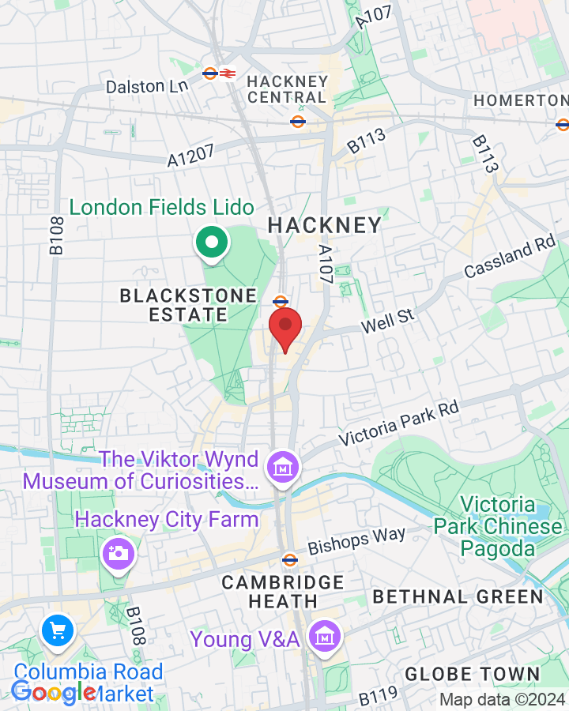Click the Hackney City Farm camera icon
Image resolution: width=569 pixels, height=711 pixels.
pyautogui.click(x=119, y=553)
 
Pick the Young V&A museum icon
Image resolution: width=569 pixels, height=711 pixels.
pyautogui.click(x=323, y=637)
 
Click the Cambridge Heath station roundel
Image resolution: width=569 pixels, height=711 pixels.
pyautogui.click(x=290, y=560)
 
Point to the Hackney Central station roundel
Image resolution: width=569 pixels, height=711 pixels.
pyautogui.click(x=298, y=121)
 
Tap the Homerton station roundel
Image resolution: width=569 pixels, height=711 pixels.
pyautogui.click(x=563, y=123)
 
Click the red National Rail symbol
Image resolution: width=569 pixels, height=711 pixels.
pyautogui.click(x=227, y=73)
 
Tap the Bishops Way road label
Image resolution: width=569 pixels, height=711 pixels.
pyautogui.click(x=356, y=540)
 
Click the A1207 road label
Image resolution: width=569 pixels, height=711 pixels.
pyautogui.click(x=190, y=155)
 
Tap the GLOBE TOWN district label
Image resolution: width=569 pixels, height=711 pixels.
pyautogui.click(x=472, y=675)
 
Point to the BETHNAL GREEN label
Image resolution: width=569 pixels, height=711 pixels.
pyautogui.click(x=458, y=596)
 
